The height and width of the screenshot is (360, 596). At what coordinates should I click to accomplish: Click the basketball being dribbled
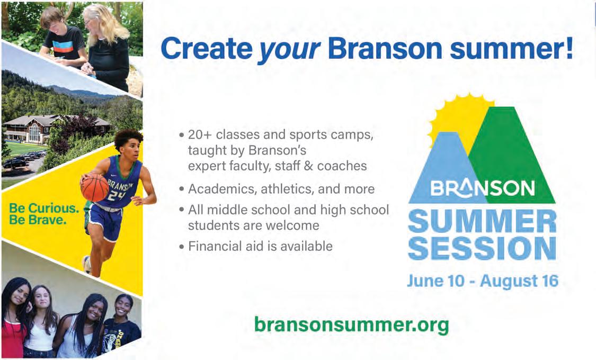point(95,187)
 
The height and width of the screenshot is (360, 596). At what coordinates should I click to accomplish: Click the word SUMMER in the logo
point(482,221)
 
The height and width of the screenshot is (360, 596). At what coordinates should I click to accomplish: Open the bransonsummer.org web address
point(351,325)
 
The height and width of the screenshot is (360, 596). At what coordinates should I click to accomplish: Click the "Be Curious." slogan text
point(44,208)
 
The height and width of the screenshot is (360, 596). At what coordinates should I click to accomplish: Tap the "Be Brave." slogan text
point(38,220)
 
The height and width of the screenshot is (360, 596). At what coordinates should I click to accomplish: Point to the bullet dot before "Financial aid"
point(182,247)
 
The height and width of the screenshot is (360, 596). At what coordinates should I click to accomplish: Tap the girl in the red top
point(14,319)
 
